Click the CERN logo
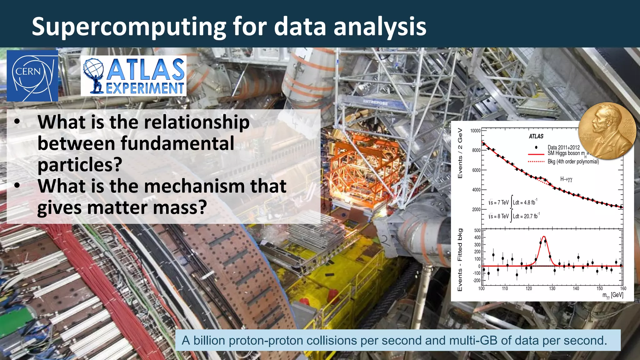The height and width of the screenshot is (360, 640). (x=32, y=76)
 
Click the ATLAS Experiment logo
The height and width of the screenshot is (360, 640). (x=134, y=76)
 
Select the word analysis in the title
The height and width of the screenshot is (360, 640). (x=380, y=27)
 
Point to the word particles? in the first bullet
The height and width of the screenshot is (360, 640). (x=79, y=165)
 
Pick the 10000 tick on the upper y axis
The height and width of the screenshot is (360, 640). (x=475, y=131)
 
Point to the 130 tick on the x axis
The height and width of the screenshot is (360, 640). (x=552, y=288)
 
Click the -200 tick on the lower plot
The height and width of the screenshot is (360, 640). (x=477, y=280)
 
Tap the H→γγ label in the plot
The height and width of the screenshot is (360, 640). (x=566, y=179)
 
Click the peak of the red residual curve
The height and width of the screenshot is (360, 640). (x=544, y=237)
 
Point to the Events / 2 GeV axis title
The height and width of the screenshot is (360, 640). (x=460, y=153)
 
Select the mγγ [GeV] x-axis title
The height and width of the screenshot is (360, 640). (x=612, y=295)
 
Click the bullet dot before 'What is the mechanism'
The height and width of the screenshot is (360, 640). (x=17, y=186)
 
